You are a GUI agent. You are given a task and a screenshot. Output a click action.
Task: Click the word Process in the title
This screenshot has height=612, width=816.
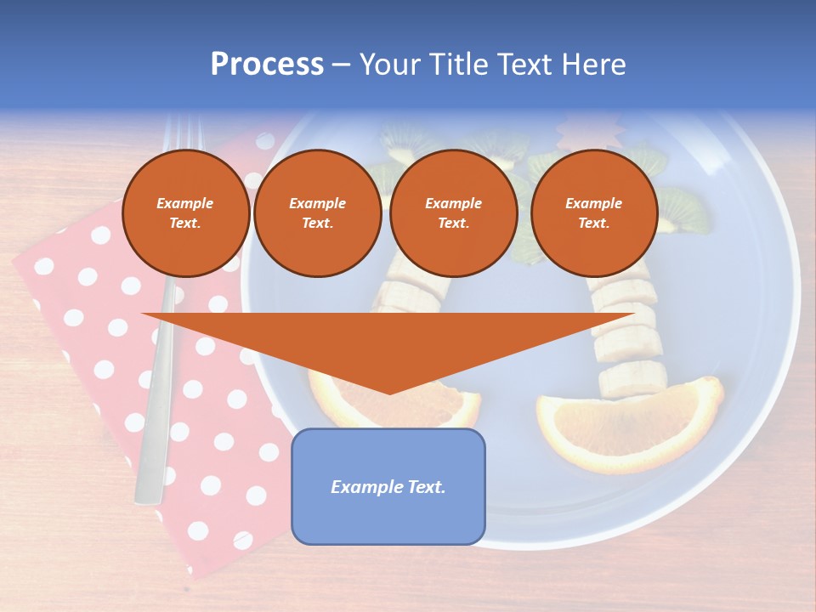[267, 65]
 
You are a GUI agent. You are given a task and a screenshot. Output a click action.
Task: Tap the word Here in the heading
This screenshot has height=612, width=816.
[593, 65]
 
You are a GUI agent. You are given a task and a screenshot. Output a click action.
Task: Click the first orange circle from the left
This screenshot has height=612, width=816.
[185, 212]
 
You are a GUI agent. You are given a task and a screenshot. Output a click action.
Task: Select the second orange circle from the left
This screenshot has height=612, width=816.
[318, 212]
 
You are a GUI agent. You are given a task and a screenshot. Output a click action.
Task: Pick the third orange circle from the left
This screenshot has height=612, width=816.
[453, 212]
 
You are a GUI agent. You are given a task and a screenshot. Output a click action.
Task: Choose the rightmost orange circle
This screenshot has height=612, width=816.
[593, 212]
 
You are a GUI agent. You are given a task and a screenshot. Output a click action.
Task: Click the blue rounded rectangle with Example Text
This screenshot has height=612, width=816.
[388, 486]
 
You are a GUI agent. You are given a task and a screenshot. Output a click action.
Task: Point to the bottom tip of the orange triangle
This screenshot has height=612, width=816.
[389, 392]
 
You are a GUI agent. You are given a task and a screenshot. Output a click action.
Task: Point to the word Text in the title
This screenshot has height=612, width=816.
[528, 65]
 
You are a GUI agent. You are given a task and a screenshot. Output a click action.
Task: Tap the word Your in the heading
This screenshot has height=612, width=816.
[388, 65]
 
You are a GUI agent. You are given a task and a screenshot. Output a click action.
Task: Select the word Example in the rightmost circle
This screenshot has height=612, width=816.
[593, 203]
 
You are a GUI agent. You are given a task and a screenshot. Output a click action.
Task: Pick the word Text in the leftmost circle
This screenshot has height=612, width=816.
[184, 223]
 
